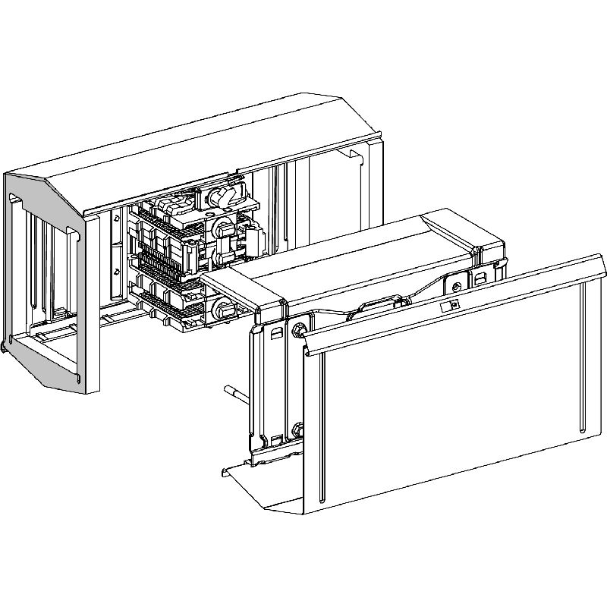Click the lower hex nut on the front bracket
point(297,430)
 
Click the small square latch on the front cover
point(451,305)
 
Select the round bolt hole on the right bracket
point(456,286)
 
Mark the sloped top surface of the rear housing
point(228,144)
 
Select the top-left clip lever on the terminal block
point(168,206)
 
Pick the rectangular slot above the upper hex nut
point(275,332)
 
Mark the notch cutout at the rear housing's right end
point(354,155)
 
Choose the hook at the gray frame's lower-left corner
point(7,348)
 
